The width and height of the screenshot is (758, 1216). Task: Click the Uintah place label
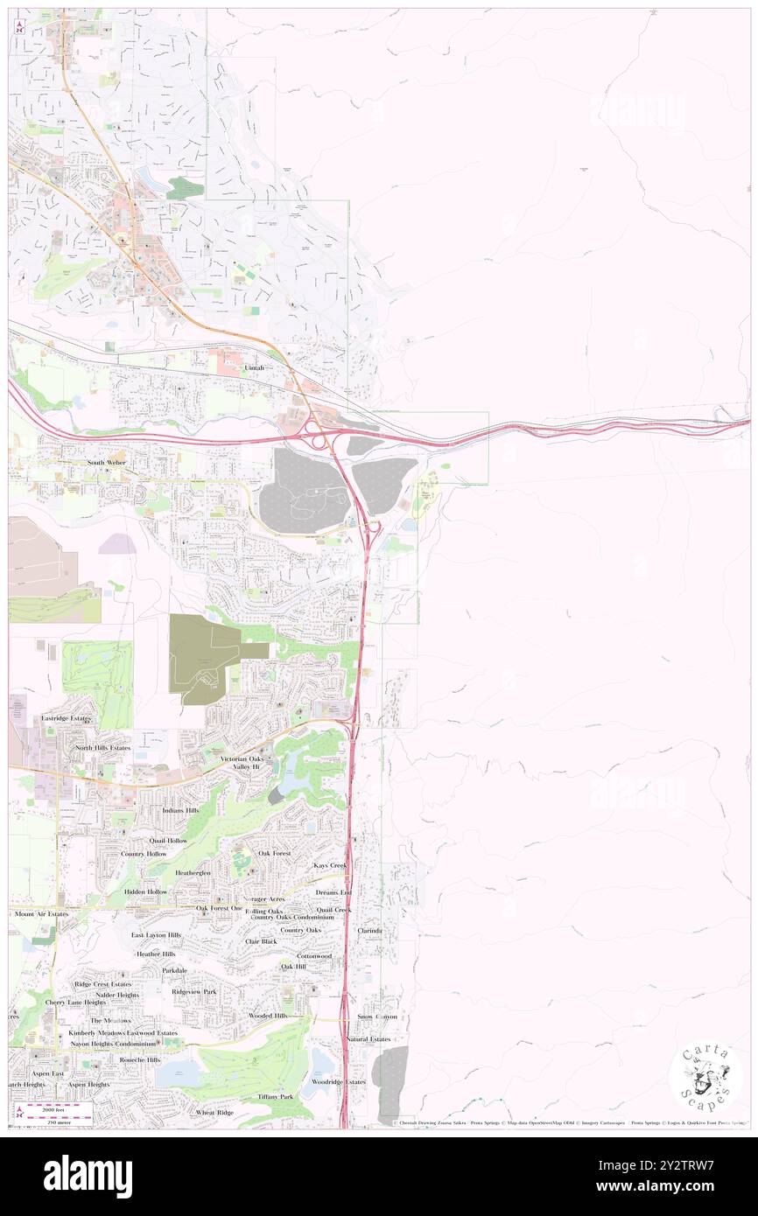tap(254, 368)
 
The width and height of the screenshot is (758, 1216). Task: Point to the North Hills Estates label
tap(102, 748)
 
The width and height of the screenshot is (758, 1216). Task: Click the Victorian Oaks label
tap(242, 758)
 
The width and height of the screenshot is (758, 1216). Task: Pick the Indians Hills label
tap(180, 811)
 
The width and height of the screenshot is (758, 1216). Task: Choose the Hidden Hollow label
tap(145, 891)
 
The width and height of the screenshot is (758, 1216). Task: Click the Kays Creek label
tap(331, 865)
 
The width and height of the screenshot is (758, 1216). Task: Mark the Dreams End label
tap(333, 892)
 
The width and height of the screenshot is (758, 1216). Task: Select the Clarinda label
tap(369, 931)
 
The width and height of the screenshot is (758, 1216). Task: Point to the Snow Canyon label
tap(376, 1017)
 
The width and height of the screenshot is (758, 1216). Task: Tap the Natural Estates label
tap(368, 1038)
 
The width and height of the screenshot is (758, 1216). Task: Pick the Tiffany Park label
tap(275, 1096)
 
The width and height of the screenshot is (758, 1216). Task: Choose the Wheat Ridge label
tap(214, 1113)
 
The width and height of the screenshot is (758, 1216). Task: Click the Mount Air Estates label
tap(41, 914)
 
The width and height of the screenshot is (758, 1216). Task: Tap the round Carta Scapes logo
tap(705, 1077)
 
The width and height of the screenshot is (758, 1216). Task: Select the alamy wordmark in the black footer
tap(88, 1176)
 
